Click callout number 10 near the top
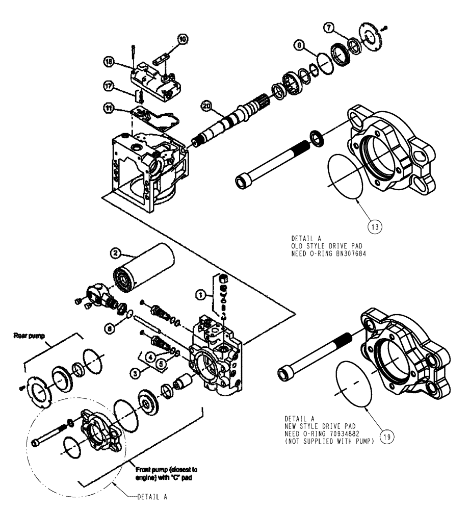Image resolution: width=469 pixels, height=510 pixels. point(183,38)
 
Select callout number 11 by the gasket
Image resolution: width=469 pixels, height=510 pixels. point(123,108)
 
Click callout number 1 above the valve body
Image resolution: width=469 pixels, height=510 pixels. point(202,294)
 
